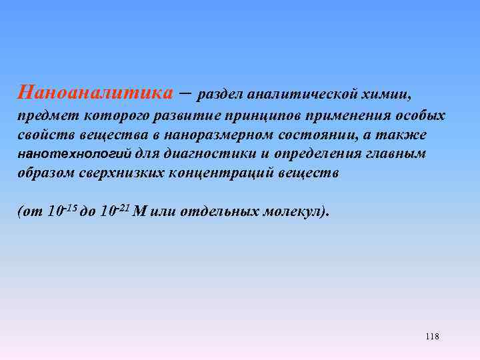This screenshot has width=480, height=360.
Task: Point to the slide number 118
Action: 431,337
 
